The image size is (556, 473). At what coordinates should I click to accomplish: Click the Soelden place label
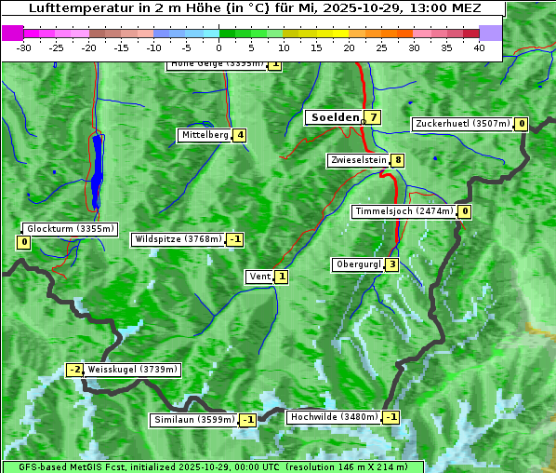tap(333, 117)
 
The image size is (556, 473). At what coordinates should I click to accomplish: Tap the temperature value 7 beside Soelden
tap(373, 117)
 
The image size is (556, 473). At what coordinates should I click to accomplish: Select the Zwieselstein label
tap(358, 160)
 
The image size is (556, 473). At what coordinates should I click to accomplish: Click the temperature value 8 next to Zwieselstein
tap(398, 160)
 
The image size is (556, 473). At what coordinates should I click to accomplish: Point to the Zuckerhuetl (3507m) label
tap(463, 124)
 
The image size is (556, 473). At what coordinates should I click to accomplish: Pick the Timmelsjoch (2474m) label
tap(404, 211)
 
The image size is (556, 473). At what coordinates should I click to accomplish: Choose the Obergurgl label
tap(357, 264)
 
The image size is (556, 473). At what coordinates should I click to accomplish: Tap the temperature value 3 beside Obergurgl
tap(392, 264)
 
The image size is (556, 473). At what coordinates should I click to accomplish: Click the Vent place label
tap(259, 277)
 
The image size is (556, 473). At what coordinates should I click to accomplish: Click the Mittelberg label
tap(205, 135)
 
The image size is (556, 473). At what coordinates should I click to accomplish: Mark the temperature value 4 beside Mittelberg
tap(240, 135)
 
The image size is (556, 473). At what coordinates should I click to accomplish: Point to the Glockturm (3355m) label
tap(70, 229)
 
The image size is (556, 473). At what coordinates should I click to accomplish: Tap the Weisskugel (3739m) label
tap(132, 370)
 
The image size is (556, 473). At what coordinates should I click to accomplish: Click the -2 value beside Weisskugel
tap(74, 370)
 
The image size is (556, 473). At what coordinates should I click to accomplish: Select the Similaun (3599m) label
tap(193, 420)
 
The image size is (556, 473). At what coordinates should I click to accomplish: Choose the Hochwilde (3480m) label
tap(334, 417)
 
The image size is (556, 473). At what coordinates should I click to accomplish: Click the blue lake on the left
tap(97, 172)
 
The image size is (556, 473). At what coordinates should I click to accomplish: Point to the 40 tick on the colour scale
tap(479, 47)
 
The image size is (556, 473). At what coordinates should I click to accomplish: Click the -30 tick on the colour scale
tap(24, 47)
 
